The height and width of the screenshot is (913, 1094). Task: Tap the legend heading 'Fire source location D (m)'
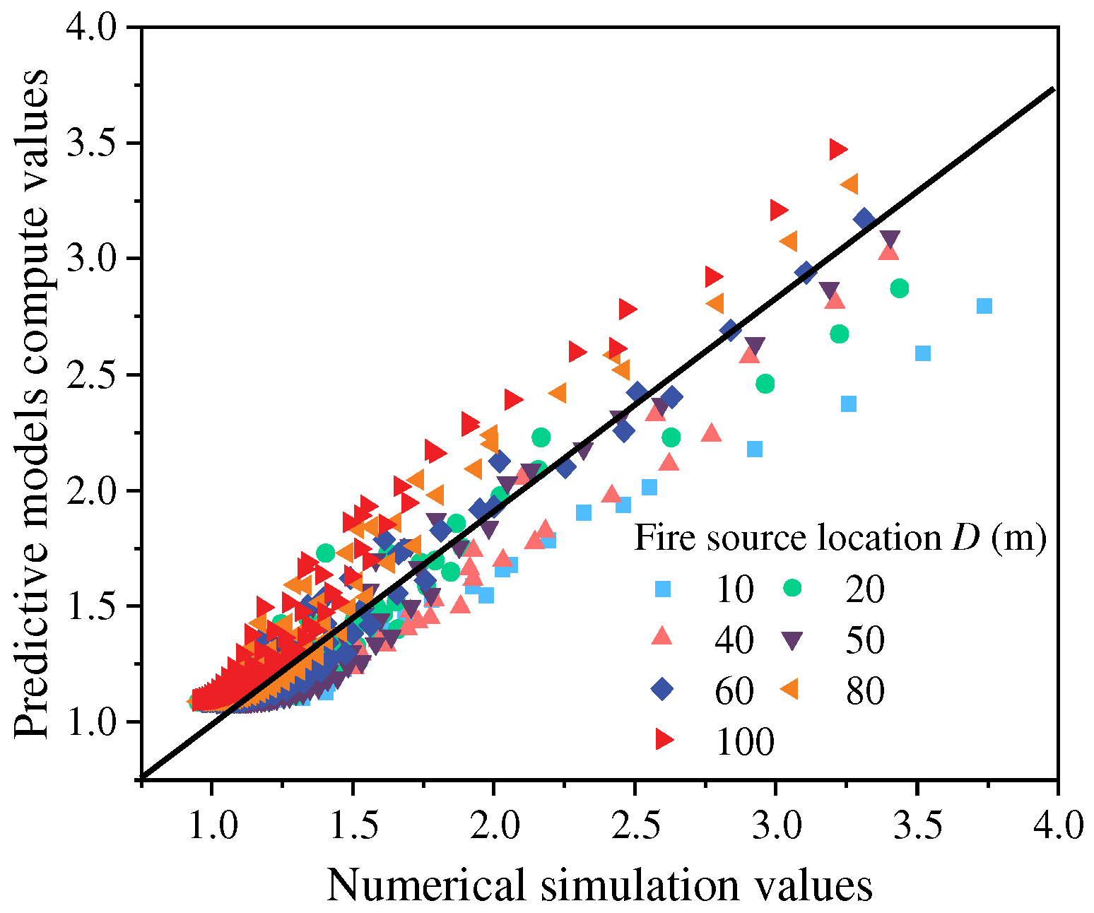point(840,538)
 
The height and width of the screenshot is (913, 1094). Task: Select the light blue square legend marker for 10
point(662,589)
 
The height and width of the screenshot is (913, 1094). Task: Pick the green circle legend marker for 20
point(792,589)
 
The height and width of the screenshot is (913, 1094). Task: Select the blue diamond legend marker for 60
point(662,689)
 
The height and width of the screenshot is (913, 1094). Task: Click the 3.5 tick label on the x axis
point(917,825)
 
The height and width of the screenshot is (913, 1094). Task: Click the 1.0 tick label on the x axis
point(211,825)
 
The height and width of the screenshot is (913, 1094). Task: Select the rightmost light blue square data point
point(984,306)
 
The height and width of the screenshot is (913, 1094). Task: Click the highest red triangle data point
point(838,149)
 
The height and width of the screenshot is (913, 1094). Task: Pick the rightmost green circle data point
point(899,288)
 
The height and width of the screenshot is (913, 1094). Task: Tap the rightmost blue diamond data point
point(864,219)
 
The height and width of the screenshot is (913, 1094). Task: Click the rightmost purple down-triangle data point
point(890,239)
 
